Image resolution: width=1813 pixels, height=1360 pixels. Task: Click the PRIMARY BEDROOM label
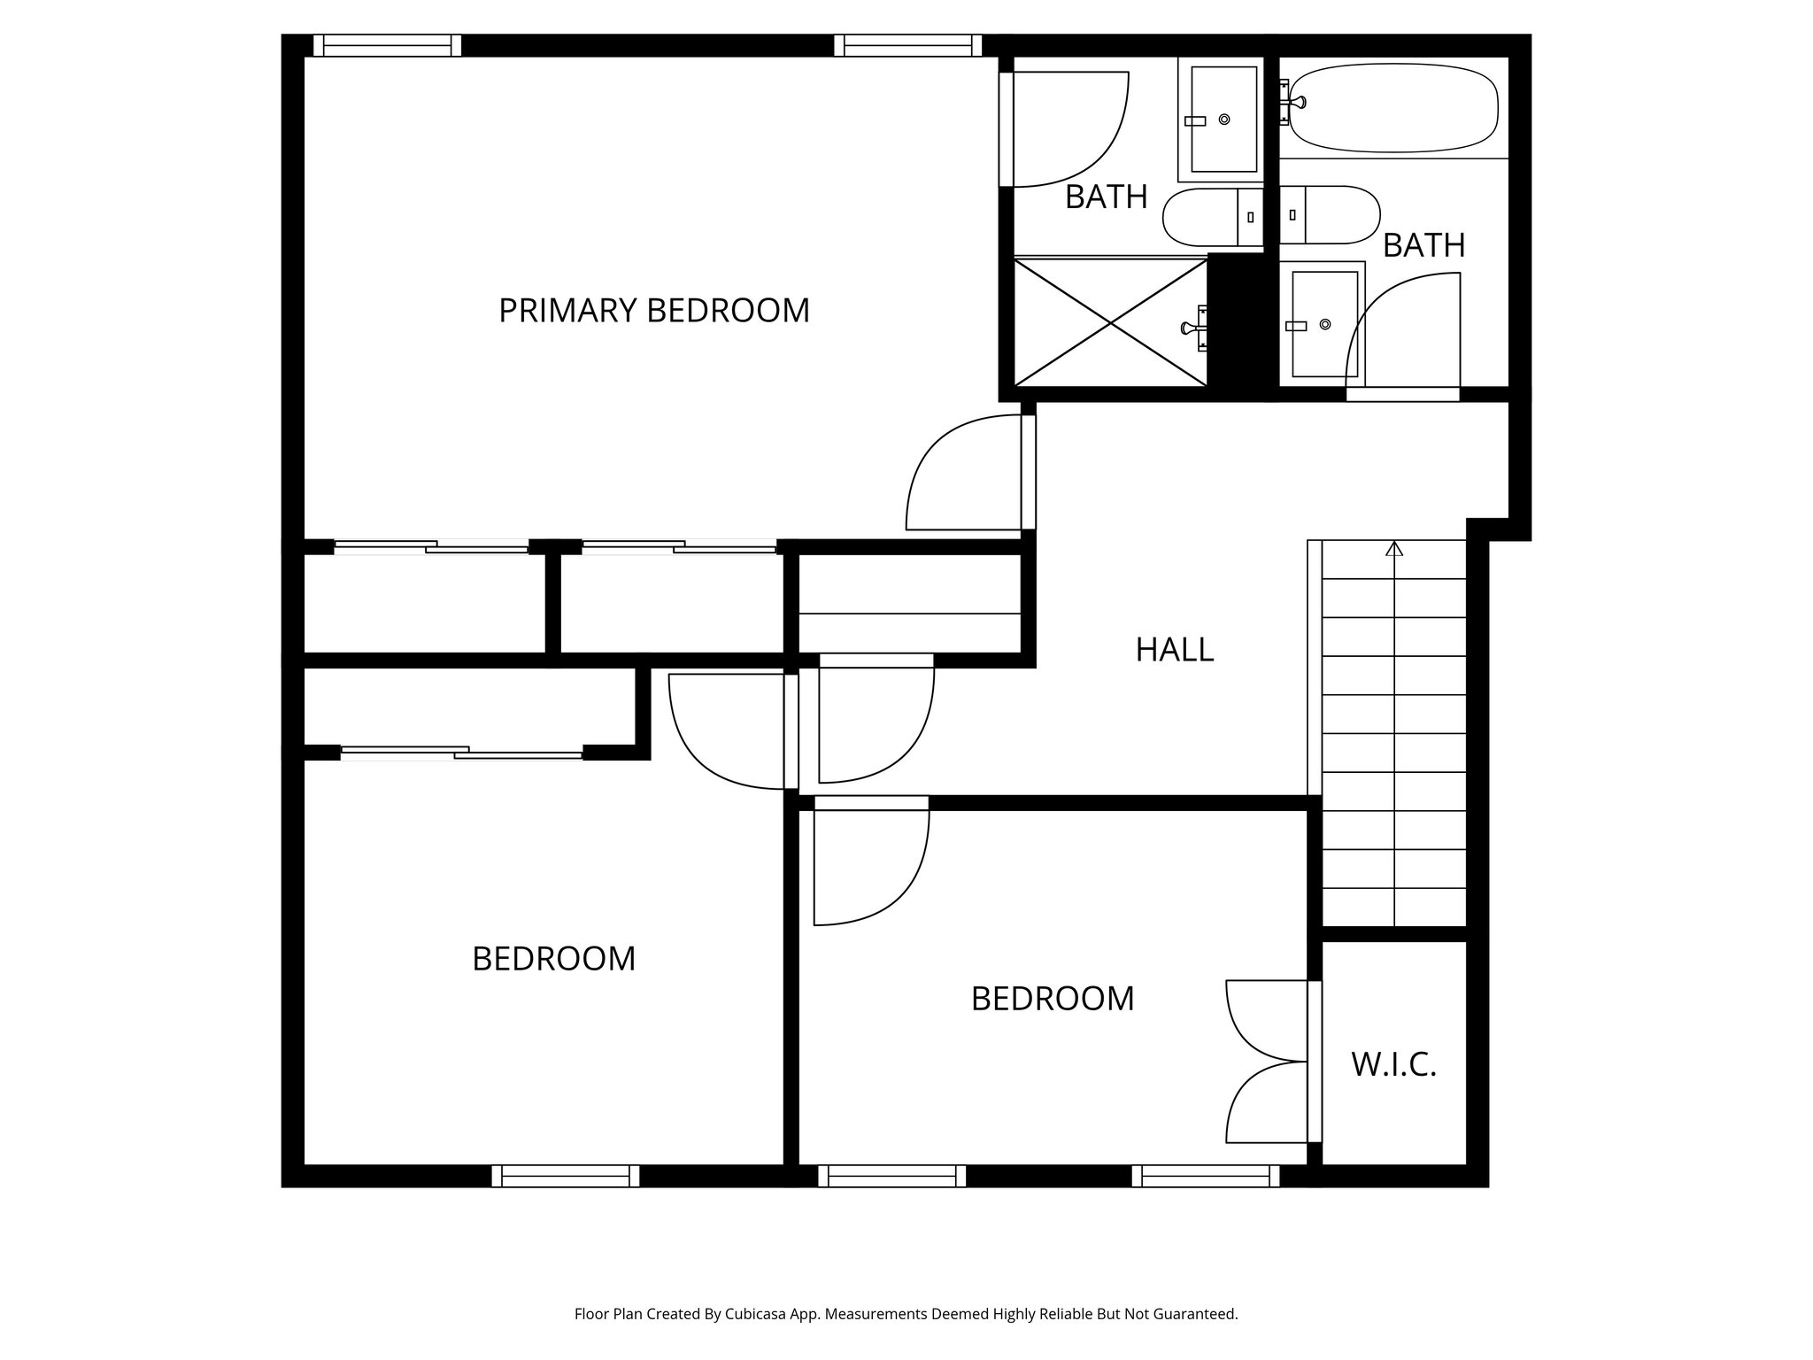tap(654, 311)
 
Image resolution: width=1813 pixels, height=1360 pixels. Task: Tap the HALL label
tap(1174, 650)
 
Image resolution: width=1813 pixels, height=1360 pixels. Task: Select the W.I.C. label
tap(1393, 1064)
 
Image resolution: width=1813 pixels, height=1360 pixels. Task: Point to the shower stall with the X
tap(1110, 322)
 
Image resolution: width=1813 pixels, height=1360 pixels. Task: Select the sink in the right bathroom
tap(1324, 325)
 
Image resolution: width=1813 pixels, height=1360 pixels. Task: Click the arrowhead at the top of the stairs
tap(1394, 548)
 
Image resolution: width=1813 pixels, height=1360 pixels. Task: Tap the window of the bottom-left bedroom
tap(566, 1176)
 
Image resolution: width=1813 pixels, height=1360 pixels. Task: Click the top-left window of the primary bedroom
tap(388, 45)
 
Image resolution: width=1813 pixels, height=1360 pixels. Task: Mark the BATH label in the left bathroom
tap(1106, 197)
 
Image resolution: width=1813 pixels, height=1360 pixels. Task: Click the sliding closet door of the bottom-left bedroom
tap(461, 753)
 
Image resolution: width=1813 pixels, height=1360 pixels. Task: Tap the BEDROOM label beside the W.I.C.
tap(1052, 999)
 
